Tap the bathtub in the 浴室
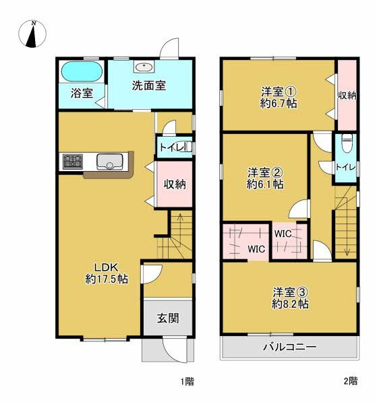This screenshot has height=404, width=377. point(80,71)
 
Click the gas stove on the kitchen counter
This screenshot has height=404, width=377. point(72,162)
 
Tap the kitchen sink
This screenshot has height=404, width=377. point(109,162)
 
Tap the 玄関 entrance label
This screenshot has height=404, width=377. point(168,318)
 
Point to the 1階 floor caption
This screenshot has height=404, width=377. point(186,382)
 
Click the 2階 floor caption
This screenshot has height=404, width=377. point(349,382)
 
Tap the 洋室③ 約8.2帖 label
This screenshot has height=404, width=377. point(291,298)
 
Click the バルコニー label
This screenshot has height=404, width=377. point(290,347)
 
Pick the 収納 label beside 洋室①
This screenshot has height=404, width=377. point(347,96)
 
